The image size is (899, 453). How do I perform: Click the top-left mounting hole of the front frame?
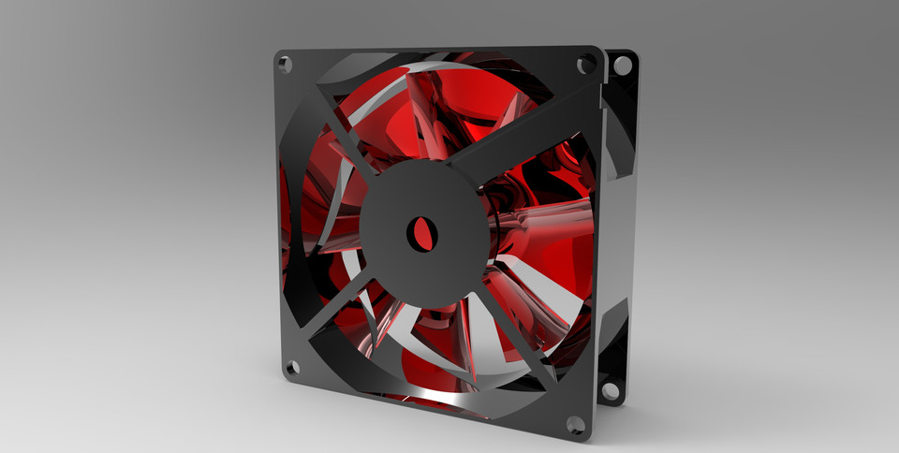click(285, 65)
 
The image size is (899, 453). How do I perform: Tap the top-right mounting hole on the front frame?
click(586, 64)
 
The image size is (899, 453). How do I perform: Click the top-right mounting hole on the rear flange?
click(621, 66)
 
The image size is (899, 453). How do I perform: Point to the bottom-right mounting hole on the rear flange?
click(610, 390)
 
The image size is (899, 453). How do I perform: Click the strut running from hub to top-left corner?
click(343, 130)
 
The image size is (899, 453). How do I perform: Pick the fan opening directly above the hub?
click(421, 112)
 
